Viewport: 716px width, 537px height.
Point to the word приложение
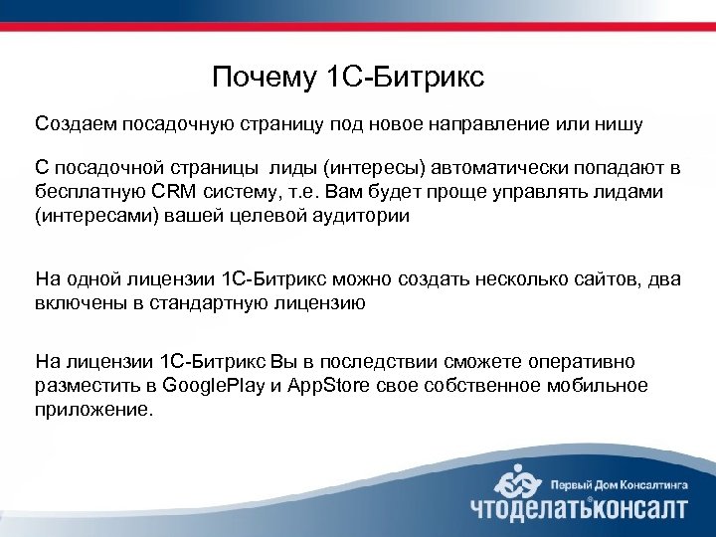94,407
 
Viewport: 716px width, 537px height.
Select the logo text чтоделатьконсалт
578,508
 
